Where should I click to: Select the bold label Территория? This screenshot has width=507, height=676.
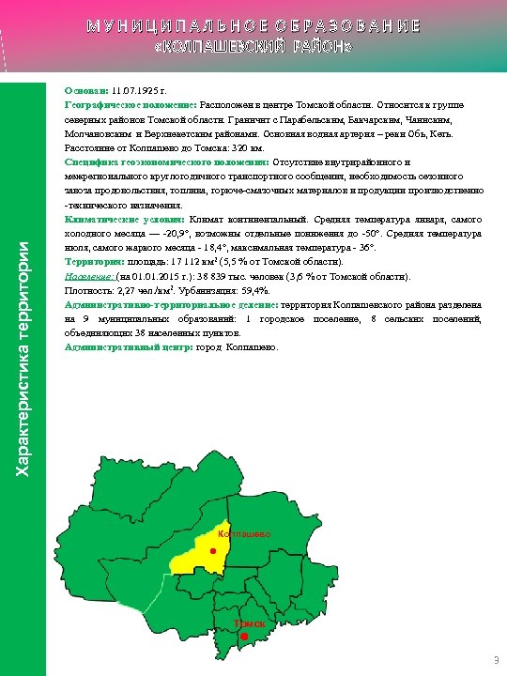coord(94,261)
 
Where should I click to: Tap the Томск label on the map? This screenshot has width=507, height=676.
coord(249,623)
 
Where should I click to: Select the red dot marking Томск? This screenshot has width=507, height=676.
coord(244,638)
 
